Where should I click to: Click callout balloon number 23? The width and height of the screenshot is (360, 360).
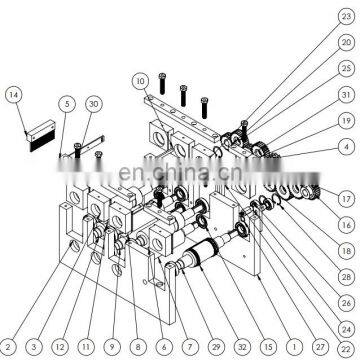click(x=345, y=16)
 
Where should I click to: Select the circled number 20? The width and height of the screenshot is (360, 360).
click(x=345, y=43)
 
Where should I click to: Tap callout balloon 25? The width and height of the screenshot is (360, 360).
click(x=345, y=69)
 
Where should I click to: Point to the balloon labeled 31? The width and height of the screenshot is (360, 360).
click(x=345, y=95)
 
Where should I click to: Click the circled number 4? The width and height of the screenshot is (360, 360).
click(x=345, y=147)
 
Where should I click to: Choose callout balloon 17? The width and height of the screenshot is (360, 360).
click(x=345, y=199)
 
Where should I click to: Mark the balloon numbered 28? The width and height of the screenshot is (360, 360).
click(x=345, y=276)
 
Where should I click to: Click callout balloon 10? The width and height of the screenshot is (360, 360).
click(x=139, y=79)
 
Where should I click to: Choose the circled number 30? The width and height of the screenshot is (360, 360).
click(x=92, y=103)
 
